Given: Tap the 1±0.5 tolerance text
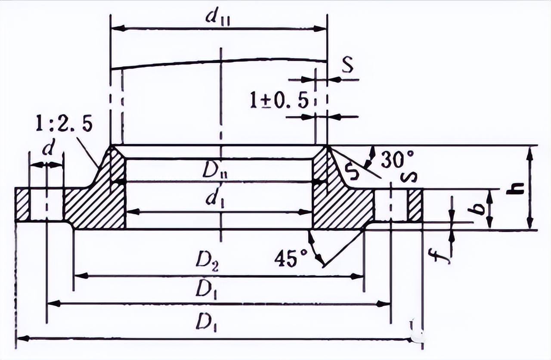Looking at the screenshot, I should tap(279, 101).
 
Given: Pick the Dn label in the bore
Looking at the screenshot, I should tap(219, 172).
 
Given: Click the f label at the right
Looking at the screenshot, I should tap(439, 254).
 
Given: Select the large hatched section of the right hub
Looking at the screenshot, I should tap(340, 205).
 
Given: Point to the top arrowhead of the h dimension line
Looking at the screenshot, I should tap(530, 151).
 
